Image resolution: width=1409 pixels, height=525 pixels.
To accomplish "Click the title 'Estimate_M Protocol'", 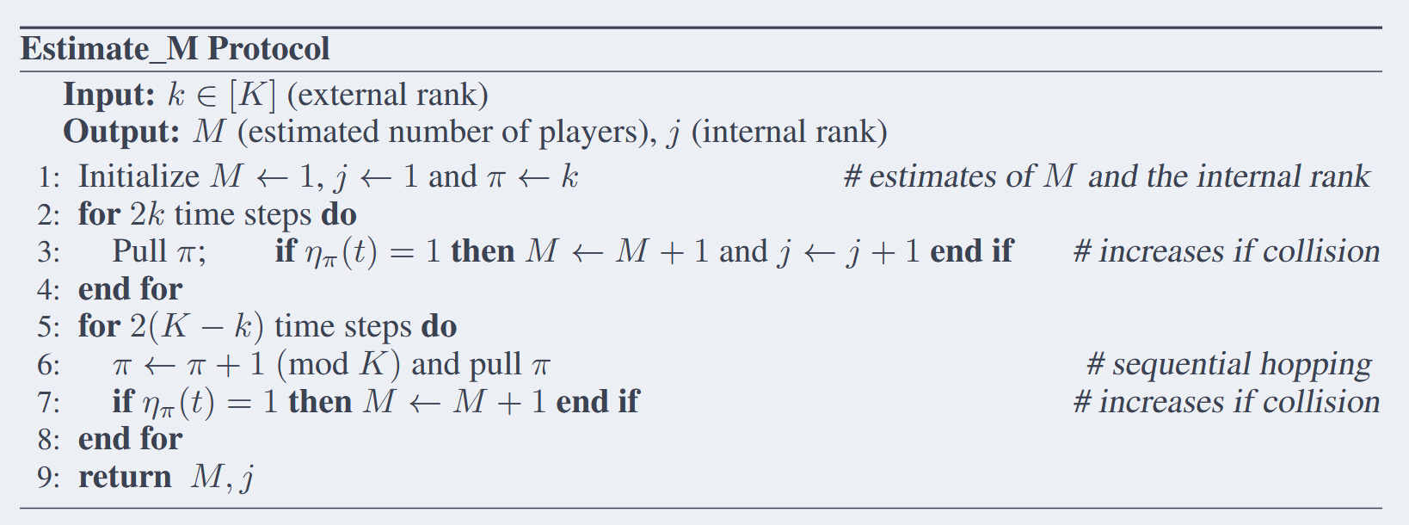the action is click(175, 49).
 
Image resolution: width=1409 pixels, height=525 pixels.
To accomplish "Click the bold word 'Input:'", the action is click(109, 95).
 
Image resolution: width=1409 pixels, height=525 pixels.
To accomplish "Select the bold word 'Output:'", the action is click(121, 133).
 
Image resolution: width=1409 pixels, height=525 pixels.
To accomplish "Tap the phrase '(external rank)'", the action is click(387, 95).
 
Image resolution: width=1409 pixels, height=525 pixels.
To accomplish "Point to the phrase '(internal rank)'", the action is click(790, 133).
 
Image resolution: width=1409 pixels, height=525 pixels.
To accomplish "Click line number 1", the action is click(48, 177).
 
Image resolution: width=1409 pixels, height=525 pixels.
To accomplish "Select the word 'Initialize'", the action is click(138, 176).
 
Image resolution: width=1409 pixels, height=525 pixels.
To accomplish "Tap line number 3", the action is click(48, 252).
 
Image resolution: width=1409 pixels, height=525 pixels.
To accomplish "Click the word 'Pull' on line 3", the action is click(139, 251).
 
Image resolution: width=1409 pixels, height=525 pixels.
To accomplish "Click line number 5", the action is click(48, 327).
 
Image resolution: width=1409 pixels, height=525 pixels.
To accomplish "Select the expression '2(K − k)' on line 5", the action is click(197, 327).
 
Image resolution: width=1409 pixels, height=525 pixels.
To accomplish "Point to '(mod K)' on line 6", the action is click(338, 364).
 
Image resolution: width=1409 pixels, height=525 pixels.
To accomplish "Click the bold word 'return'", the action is click(125, 477).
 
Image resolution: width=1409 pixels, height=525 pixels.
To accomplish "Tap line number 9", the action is click(48, 478).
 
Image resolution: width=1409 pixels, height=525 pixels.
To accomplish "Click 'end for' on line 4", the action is click(130, 289).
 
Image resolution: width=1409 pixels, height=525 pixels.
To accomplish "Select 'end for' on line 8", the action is click(130, 439).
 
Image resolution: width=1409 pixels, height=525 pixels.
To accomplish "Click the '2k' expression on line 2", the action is click(147, 214).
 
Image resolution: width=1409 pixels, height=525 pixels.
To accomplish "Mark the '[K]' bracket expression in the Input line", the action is click(252, 95).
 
